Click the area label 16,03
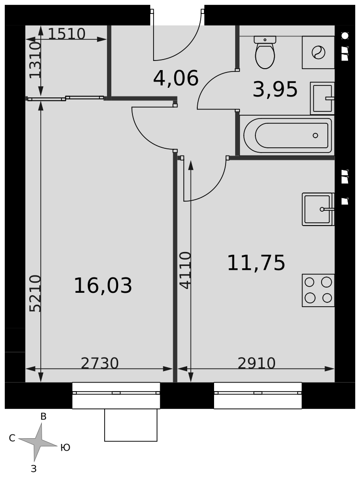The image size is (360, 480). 103,285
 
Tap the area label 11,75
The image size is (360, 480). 256,263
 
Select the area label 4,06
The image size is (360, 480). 176,78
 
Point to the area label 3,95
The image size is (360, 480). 275,89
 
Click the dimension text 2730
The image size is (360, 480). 99,363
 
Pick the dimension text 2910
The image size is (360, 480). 256,363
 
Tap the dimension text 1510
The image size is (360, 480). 66,34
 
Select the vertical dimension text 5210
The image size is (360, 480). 35,293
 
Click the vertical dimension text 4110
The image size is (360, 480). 185,270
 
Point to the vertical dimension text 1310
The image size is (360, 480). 35,60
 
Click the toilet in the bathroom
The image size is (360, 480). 265,52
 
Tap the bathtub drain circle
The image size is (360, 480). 315,135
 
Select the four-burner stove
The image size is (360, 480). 318,290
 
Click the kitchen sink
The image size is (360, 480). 318,209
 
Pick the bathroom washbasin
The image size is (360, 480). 323,98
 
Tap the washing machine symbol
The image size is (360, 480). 318,52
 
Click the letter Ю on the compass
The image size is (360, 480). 65,447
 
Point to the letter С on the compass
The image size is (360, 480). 12,438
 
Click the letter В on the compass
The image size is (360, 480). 44,416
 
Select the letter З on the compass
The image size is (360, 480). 34,468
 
